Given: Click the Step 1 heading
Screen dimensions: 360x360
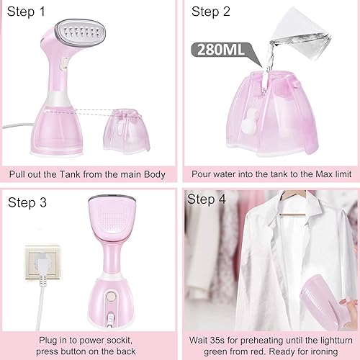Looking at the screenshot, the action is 26,12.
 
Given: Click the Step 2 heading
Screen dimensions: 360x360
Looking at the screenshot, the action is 211,12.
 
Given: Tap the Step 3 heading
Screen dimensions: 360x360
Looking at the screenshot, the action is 27,202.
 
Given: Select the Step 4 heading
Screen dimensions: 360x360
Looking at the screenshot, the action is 207,199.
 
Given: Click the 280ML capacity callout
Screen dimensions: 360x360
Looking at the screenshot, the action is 221,50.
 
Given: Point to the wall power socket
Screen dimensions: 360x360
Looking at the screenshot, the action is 42,262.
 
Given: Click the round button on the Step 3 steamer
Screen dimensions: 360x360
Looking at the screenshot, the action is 111,296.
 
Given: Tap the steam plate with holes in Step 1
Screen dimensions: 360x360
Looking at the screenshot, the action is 81,33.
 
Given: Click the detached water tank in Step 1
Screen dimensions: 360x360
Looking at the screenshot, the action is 127,130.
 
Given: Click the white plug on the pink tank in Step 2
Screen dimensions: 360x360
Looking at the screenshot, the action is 249,120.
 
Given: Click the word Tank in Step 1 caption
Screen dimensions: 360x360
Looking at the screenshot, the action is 70,174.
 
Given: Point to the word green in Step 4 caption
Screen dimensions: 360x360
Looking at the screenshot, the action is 217,352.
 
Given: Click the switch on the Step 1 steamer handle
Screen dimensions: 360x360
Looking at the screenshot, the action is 64,63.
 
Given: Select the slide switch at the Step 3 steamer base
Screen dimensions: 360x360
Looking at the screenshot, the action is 111,319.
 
